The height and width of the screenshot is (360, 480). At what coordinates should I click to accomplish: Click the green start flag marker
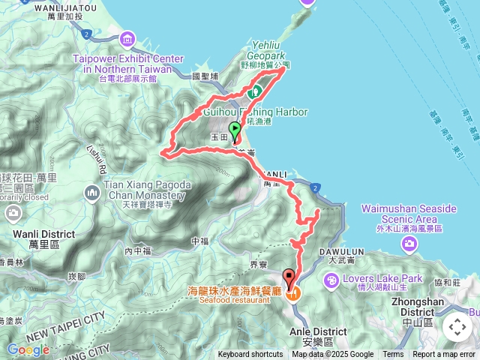(234, 130)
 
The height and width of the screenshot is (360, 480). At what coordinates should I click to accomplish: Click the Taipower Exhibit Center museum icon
(127, 39)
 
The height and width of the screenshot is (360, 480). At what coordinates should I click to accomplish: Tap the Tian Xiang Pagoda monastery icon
(92, 193)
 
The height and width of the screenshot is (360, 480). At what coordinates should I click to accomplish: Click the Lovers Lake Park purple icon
(331, 280)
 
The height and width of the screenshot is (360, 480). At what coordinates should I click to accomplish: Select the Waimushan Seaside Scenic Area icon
(409, 242)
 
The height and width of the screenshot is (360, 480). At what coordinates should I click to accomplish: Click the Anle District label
(317, 331)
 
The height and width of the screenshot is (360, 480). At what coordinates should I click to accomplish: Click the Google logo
(28, 349)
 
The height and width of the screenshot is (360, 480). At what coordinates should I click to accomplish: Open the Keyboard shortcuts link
(250, 355)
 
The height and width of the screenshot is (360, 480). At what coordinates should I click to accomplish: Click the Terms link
(393, 355)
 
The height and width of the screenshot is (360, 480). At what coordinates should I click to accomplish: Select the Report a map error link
(444, 355)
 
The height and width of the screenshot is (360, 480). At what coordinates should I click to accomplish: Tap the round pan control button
(457, 327)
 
